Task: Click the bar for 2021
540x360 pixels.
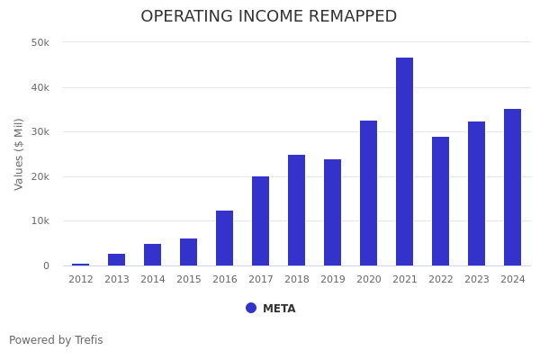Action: pos(404,162)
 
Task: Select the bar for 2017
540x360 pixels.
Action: pos(260,220)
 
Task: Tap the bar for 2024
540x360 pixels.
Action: pos(512,187)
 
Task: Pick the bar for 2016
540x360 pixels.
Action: pos(224,238)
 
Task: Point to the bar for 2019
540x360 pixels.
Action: pos(332,212)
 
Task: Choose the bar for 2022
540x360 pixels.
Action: pos(440,202)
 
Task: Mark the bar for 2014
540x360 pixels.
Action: pos(152,255)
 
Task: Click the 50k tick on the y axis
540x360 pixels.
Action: pos(40,42)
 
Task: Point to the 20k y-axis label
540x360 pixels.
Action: pos(40,176)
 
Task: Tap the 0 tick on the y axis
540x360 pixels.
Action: pos(45,265)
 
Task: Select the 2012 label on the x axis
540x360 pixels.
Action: pos(80,280)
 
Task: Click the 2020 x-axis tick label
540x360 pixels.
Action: pos(368,280)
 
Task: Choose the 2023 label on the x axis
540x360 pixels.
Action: pos(476,280)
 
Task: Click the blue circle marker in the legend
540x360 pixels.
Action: pos(251,308)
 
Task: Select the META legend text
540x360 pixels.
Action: pos(279,309)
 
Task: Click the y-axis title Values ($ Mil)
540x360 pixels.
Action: pos(19,154)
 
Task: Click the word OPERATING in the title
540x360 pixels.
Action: pos(188,17)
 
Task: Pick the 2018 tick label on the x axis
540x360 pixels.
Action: pos(296,280)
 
